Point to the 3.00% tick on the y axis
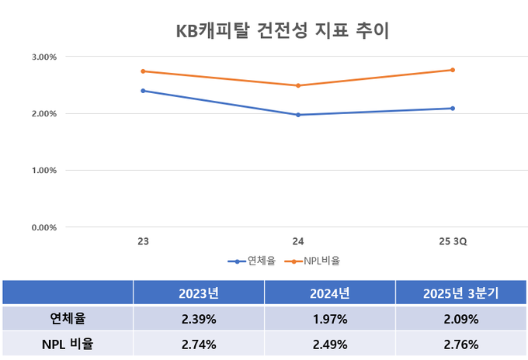click(44, 57)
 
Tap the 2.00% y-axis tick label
click(44, 113)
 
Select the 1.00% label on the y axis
click(44, 170)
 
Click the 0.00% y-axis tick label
click(44, 227)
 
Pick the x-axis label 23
click(143, 242)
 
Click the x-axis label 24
click(297, 242)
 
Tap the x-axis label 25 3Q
click(452, 242)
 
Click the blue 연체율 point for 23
click(143, 91)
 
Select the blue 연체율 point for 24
click(297, 115)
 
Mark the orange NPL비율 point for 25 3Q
click(452, 70)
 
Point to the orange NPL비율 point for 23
click(143, 71)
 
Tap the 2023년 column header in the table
click(198, 293)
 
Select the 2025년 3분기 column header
click(460, 293)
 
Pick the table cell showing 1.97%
click(329, 319)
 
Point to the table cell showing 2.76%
click(460, 344)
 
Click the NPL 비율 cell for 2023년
click(198, 344)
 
